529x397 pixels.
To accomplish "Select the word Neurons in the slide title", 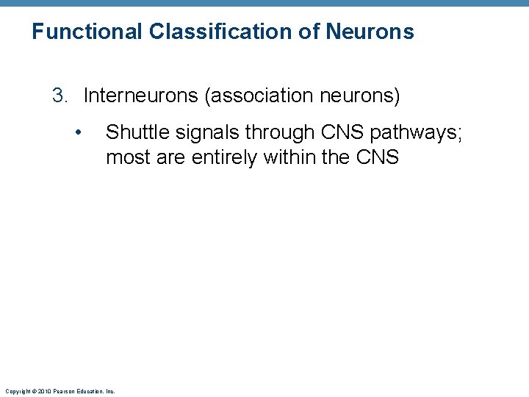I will pyautogui.click(x=370, y=32).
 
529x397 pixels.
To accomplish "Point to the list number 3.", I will pyautogui.click(x=59, y=96).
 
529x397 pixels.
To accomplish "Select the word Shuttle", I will pyautogui.click(x=133, y=132).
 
